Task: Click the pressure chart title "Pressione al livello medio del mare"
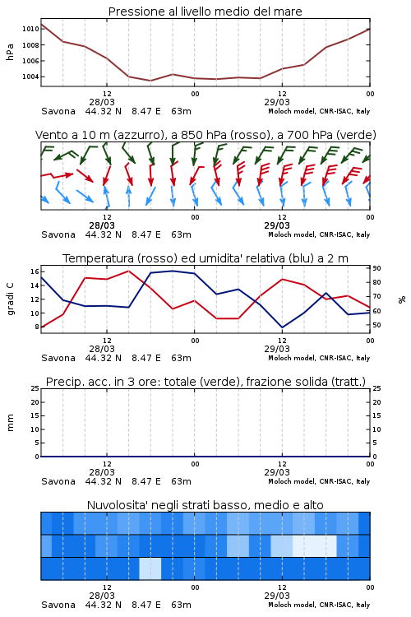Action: click(x=205, y=12)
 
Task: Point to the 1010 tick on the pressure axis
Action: click(x=30, y=29)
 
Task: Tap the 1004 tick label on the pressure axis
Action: click(x=30, y=77)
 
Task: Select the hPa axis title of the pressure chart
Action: click(x=10, y=52)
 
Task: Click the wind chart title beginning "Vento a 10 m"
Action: click(x=205, y=135)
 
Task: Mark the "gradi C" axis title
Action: click(x=10, y=299)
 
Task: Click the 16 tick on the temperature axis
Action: click(x=35, y=271)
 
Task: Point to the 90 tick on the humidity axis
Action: click(x=376, y=268)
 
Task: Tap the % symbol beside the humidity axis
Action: click(x=402, y=299)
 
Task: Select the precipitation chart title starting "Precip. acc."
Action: click(x=205, y=382)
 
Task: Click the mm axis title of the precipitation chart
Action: click(x=10, y=423)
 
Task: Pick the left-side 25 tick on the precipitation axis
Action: click(x=35, y=389)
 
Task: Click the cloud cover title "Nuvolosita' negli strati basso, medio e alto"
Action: click(x=205, y=505)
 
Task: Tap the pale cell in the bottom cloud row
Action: click(x=150, y=568)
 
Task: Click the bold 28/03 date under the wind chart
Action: click(x=102, y=226)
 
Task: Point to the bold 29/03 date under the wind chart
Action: click(x=277, y=226)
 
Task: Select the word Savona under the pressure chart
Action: click(x=58, y=111)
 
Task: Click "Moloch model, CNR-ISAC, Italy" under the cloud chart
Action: click(x=319, y=605)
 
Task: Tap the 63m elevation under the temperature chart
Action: click(x=182, y=358)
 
